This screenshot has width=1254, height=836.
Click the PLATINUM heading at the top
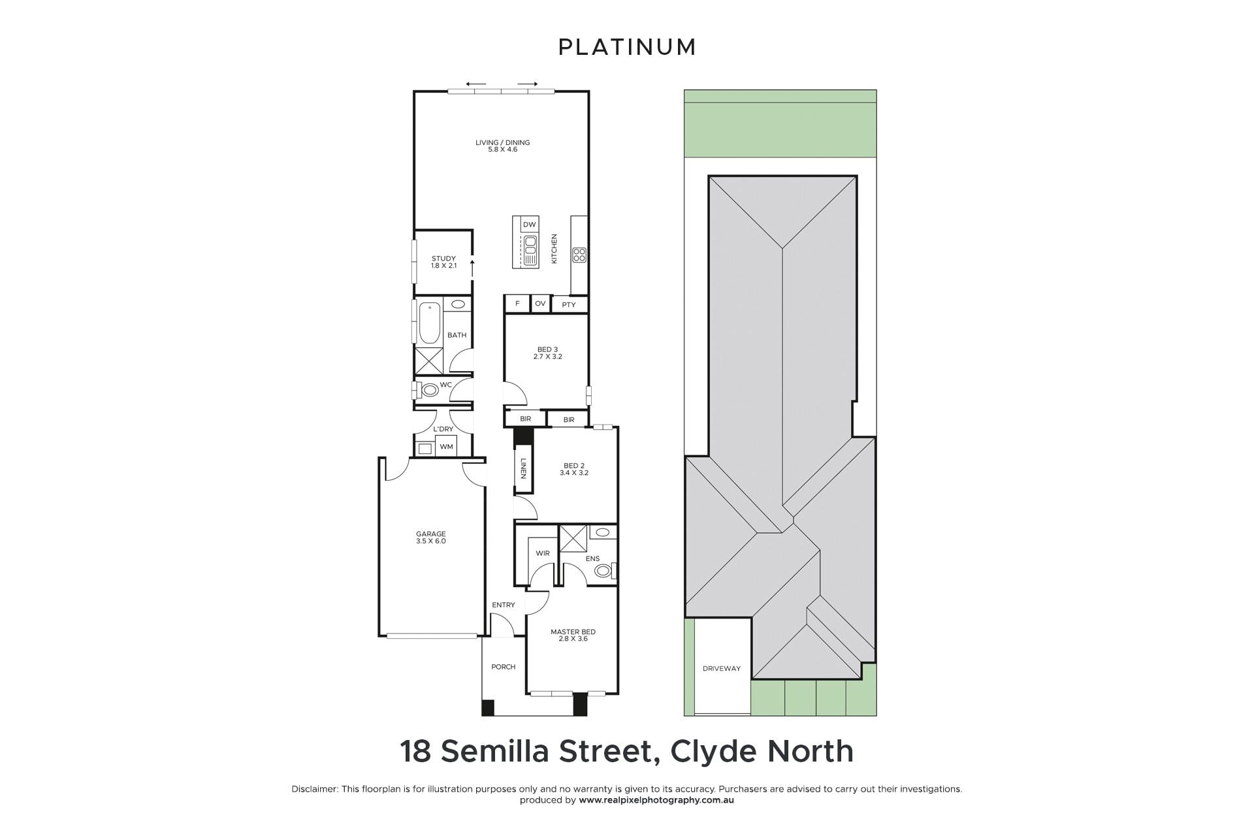tap(627, 47)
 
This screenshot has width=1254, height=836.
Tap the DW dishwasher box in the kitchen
tap(530, 224)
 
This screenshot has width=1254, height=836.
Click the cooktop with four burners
tap(579, 255)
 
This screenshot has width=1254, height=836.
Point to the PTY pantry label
tap(569, 304)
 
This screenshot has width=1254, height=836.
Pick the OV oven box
tap(540, 304)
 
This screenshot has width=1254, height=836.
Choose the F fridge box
tap(518, 304)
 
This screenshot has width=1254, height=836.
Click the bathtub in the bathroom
tap(429, 323)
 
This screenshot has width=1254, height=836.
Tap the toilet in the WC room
tap(428, 391)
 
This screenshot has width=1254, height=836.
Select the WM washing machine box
tap(447, 447)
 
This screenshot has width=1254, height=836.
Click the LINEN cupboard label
tap(523, 468)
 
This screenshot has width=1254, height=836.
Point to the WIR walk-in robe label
tap(543, 553)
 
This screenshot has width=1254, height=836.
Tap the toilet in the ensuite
tap(604, 570)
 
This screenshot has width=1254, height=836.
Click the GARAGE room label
tap(431, 534)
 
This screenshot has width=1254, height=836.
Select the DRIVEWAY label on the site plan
tap(722, 668)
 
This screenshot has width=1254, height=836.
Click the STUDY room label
tap(443, 259)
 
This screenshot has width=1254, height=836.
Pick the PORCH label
tap(504, 667)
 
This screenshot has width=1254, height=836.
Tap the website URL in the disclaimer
tap(656, 800)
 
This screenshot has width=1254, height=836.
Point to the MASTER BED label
tap(573, 632)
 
